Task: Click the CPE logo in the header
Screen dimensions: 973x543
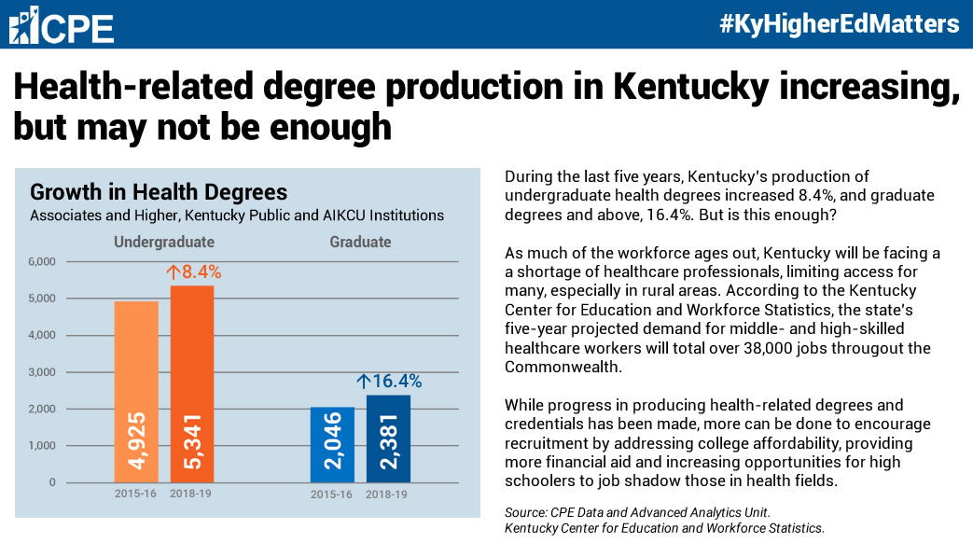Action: click(61, 25)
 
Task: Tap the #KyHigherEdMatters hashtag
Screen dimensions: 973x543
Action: click(839, 23)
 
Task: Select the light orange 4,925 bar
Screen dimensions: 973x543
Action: click(136, 392)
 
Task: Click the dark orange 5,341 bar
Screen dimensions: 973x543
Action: click(192, 384)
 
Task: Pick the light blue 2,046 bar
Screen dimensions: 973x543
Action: click(332, 444)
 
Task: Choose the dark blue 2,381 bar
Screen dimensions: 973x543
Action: click(388, 439)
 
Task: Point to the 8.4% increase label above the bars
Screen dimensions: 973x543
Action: click(194, 271)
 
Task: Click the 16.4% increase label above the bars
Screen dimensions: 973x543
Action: click(390, 381)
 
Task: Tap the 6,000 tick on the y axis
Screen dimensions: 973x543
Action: click(42, 262)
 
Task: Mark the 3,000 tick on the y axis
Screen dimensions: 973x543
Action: click(42, 372)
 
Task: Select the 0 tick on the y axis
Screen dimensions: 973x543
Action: click(52, 482)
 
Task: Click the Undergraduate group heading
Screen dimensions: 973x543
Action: click(164, 242)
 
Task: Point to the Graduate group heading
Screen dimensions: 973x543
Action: click(360, 242)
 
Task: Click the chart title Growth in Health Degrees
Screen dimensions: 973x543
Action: click(159, 192)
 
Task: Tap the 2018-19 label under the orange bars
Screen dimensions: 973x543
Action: click(190, 494)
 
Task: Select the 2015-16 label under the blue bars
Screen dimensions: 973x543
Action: click(331, 494)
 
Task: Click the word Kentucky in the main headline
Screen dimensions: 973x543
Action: click(690, 87)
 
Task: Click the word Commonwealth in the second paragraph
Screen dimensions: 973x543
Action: click(563, 367)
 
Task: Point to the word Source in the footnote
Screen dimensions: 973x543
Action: click(525, 512)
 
